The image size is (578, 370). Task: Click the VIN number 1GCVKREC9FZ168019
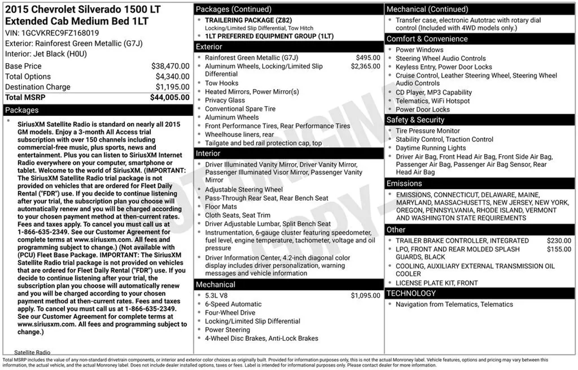pos(60,33)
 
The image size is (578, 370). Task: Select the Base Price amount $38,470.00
pos(170,66)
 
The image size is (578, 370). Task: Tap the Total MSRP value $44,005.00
pos(170,97)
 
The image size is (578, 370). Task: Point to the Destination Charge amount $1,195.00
pos(172,87)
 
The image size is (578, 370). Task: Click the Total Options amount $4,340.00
pos(172,77)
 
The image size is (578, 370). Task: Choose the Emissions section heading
pos(404,184)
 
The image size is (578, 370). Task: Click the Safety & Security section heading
pos(415,120)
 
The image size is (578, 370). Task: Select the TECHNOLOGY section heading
pos(411,293)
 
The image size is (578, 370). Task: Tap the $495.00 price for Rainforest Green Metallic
pos(368,58)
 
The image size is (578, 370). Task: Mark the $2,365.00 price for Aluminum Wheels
pos(365,66)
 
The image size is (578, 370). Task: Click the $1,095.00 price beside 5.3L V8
pos(365,296)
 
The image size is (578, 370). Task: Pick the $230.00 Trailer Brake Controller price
pos(559,241)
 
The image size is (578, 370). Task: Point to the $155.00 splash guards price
pos(559,249)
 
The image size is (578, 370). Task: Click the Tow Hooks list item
pos(222,83)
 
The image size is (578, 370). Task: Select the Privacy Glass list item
pos(225,100)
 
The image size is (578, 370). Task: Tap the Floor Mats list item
pos(221,207)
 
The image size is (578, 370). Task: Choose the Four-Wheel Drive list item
pos(230,313)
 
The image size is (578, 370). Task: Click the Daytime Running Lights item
pos(430,148)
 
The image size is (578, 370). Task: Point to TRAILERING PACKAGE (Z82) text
pos(248,20)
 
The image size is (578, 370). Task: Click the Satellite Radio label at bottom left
pos(32,352)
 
